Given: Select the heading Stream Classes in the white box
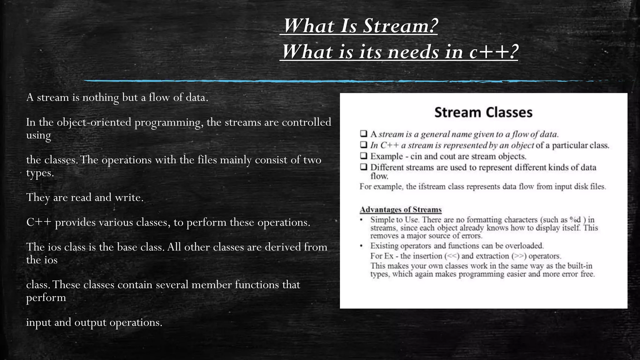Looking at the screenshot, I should pos(483,112).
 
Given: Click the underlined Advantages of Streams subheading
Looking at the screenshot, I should pos(400,209).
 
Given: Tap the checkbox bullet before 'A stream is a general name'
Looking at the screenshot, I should pos(363,134).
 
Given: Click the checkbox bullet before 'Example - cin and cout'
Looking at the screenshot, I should pos(363,156).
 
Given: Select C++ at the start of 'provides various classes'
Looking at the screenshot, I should pos(39,222).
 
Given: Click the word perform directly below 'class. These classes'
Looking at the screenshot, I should pos(46,297).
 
